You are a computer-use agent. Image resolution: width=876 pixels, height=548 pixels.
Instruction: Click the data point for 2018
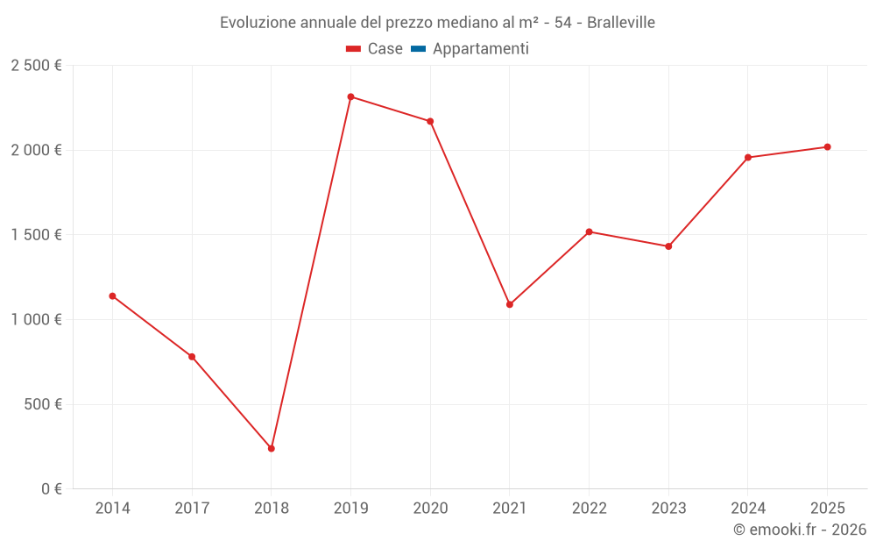(272, 448)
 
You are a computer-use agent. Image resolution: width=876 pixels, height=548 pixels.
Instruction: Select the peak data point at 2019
(350, 96)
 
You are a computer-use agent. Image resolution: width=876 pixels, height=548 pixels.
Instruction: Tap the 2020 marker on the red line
(430, 121)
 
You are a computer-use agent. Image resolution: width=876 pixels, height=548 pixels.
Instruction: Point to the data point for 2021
(510, 304)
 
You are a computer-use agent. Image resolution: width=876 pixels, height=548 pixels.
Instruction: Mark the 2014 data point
(112, 295)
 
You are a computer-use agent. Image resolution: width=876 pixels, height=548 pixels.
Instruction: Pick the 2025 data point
(827, 146)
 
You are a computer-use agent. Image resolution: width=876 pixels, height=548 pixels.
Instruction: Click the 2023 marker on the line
(668, 246)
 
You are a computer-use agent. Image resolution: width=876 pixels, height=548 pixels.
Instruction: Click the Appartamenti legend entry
(480, 49)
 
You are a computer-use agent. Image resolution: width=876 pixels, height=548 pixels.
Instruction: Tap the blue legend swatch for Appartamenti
(418, 49)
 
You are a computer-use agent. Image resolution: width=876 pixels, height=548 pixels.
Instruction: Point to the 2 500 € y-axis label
(36, 66)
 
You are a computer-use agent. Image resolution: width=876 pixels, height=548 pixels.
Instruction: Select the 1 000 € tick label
(36, 320)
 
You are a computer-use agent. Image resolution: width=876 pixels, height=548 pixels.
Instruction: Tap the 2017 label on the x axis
(192, 509)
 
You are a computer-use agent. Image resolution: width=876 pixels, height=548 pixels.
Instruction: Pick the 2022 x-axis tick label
(589, 509)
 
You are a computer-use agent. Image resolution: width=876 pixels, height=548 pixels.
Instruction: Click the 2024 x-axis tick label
(748, 509)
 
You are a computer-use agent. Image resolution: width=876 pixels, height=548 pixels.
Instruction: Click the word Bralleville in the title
(621, 23)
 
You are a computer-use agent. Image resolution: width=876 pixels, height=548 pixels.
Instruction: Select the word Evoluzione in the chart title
(257, 23)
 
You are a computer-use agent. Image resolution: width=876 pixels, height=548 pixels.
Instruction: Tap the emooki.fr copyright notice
(800, 530)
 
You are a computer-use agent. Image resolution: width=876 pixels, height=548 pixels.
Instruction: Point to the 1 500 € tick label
(36, 235)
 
